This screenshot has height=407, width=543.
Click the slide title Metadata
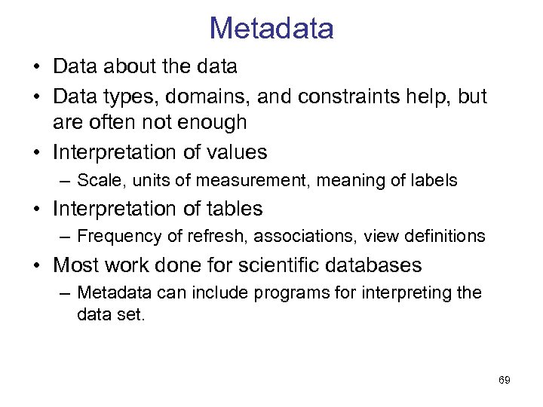(x=271, y=29)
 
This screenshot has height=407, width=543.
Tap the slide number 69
(x=505, y=381)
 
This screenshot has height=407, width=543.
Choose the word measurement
(x=260, y=181)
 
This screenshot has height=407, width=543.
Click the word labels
(x=431, y=181)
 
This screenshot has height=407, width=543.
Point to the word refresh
(x=216, y=237)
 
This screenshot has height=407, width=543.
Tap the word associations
(x=306, y=237)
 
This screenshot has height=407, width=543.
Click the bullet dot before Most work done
(x=38, y=266)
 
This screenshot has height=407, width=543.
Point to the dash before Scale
(x=65, y=181)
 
